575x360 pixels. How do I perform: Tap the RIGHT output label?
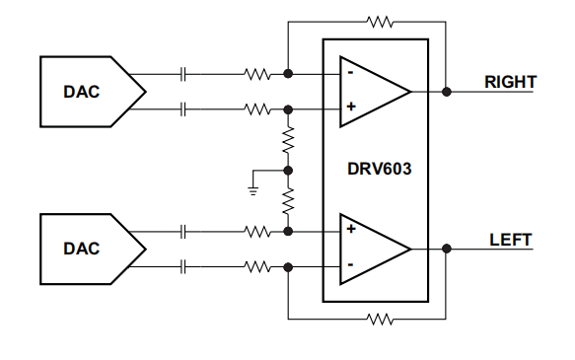pyautogui.click(x=510, y=82)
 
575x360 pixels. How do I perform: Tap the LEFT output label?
pyautogui.click(x=510, y=240)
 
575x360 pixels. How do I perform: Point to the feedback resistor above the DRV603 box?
pyautogui.click(x=379, y=20)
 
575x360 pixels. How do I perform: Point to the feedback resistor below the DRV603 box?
pyautogui.click(x=379, y=319)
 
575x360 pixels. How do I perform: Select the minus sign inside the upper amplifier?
pyautogui.click(x=350, y=73)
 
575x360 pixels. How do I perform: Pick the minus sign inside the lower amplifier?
pyautogui.click(x=350, y=266)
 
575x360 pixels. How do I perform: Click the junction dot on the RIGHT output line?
pyautogui.click(x=447, y=91)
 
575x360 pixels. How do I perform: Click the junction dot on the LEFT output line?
pyautogui.click(x=447, y=249)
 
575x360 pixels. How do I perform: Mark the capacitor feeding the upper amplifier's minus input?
pyautogui.click(x=183, y=73)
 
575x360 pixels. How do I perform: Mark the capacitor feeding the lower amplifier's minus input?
pyautogui.click(x=183, y=266)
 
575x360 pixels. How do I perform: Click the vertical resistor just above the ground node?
pyautogui.click(x=288, y=141)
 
